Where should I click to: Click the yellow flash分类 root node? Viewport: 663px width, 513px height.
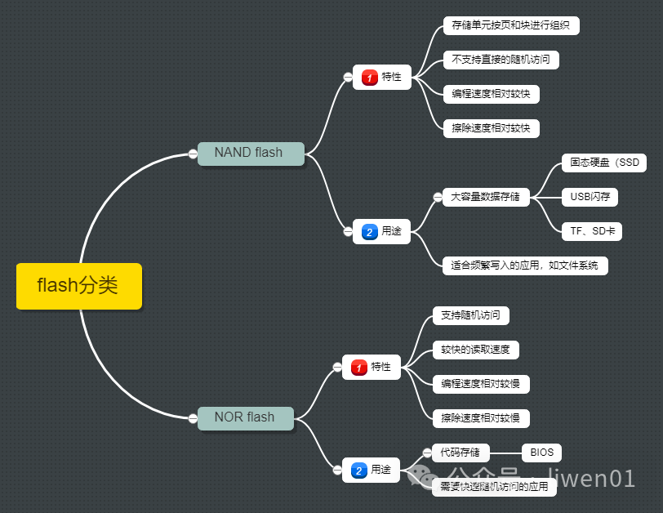point(78,286)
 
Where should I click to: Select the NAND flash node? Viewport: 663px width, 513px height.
point(250,153)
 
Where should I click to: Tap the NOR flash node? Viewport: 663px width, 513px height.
point(245,417)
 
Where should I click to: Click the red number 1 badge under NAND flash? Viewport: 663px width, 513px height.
point(369,78)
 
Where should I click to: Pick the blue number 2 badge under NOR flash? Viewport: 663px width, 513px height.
point(358,471)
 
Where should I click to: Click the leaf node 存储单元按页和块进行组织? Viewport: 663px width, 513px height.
point(510,25)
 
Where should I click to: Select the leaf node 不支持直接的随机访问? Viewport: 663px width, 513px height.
point(501,60)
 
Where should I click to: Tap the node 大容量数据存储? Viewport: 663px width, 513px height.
point(485,197)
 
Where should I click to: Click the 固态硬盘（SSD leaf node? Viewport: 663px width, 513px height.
point(604,163)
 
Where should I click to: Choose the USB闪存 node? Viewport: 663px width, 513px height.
point(590,197)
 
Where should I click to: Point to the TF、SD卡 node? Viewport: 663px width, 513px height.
point(592,231)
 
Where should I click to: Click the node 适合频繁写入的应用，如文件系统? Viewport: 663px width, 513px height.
point(524,265)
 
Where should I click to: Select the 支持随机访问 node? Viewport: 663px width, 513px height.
point(469,315)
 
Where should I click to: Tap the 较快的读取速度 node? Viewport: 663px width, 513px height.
point(475,350)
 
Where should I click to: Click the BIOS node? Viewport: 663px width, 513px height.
point(541,453)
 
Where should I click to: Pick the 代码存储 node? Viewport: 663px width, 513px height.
point(461,453)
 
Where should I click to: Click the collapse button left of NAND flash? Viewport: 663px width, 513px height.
point(193,154)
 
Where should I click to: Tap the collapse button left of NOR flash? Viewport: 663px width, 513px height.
point(193,418)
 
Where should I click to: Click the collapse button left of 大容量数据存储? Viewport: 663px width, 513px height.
point(438,197)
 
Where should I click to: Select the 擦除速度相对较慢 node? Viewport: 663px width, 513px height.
point(481,418)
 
